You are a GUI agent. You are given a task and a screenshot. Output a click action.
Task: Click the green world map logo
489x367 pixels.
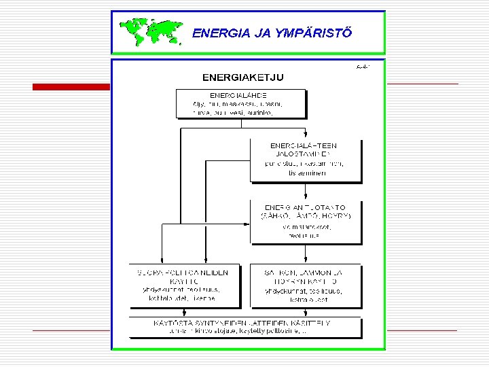(x=151, y=31)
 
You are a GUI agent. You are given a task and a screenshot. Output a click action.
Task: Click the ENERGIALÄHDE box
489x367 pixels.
(x=240, y=103)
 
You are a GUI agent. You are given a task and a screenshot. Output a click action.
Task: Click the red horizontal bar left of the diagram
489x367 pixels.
(x=71, y=87)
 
